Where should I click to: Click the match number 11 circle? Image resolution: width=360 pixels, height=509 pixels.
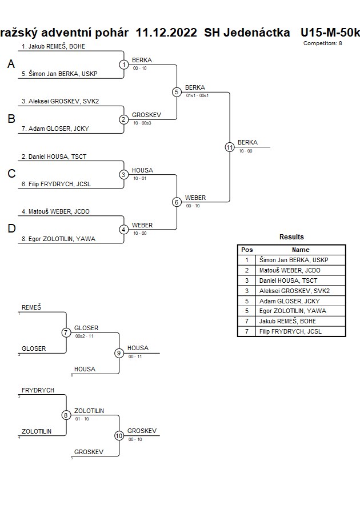(x=230, y=147)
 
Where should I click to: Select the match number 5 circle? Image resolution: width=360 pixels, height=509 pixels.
(x=177, y=92)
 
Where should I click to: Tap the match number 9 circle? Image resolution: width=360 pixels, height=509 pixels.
(x=119, y=353)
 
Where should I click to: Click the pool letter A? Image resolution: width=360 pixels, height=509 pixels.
(x=11, y=65)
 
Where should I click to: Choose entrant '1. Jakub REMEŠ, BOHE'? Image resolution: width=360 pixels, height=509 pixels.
(x=53, y=46)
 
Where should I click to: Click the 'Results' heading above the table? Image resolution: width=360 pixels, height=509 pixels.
(x=291, y=237)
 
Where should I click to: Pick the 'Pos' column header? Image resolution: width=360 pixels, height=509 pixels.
(x=247, y=250)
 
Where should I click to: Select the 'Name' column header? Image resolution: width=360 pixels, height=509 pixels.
(x=301, y=250)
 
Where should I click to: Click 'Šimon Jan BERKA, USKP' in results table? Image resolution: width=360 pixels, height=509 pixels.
(x=294, y=260)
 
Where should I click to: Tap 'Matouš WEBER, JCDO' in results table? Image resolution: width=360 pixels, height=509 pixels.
(x=290, y=270)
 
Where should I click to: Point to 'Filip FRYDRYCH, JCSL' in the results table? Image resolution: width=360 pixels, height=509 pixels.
(x=290, y=331)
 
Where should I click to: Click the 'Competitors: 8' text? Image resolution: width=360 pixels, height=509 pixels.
(x=323, y=43)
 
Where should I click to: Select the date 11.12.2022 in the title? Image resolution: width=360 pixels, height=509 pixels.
(x=167, y=33)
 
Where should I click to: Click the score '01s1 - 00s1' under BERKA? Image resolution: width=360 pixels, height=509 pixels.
(x=197, y=95)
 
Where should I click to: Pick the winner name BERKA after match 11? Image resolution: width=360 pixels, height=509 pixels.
(x=247, y=142)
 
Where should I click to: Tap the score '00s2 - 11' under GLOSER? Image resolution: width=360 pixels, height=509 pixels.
(x=84, y=336)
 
